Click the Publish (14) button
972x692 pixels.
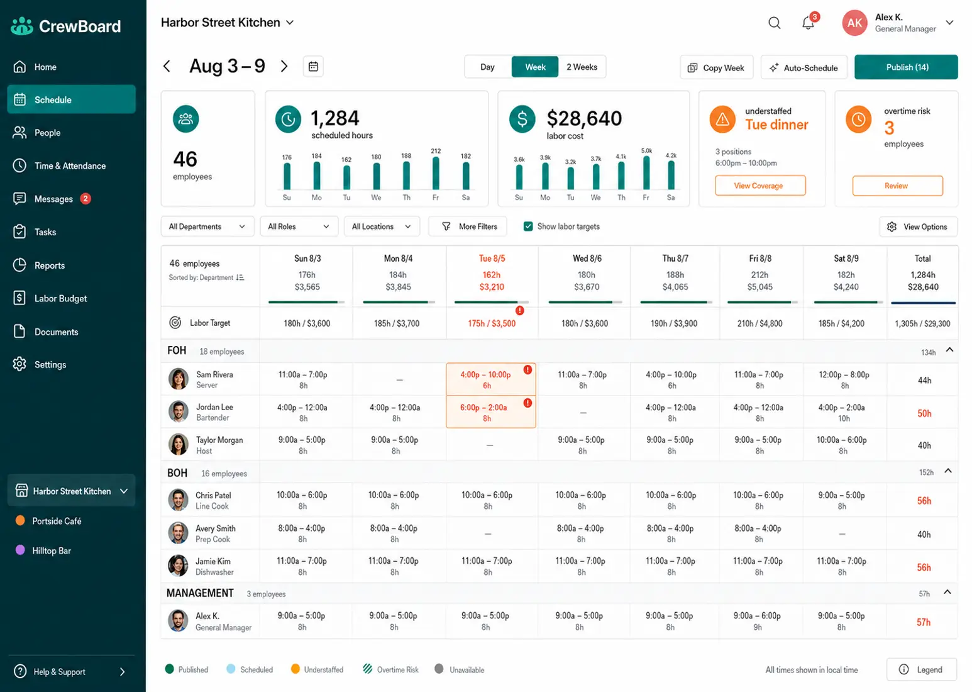coord(906,67)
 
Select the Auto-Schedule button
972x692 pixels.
coord(804,67)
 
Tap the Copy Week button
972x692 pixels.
coord(716,67)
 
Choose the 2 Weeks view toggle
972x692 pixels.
coord(582,67)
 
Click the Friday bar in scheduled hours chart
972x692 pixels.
coord(436,173)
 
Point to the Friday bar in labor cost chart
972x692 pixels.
coord(646,172)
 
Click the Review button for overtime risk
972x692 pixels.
coord(897,186)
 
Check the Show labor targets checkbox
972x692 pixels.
coord(527,226)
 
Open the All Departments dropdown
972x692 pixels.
coord(207,226)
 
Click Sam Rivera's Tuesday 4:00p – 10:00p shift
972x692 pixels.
coord(491,379)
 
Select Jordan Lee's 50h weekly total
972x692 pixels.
coord(924,413)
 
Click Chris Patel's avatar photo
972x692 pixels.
coord(179,499)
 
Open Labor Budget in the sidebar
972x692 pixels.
coord(60,298)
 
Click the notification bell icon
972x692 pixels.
coord(808,23)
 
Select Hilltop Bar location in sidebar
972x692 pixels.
coord(51,550)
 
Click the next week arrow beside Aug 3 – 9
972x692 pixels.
coord(284,67)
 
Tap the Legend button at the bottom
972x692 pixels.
coord(921,669)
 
